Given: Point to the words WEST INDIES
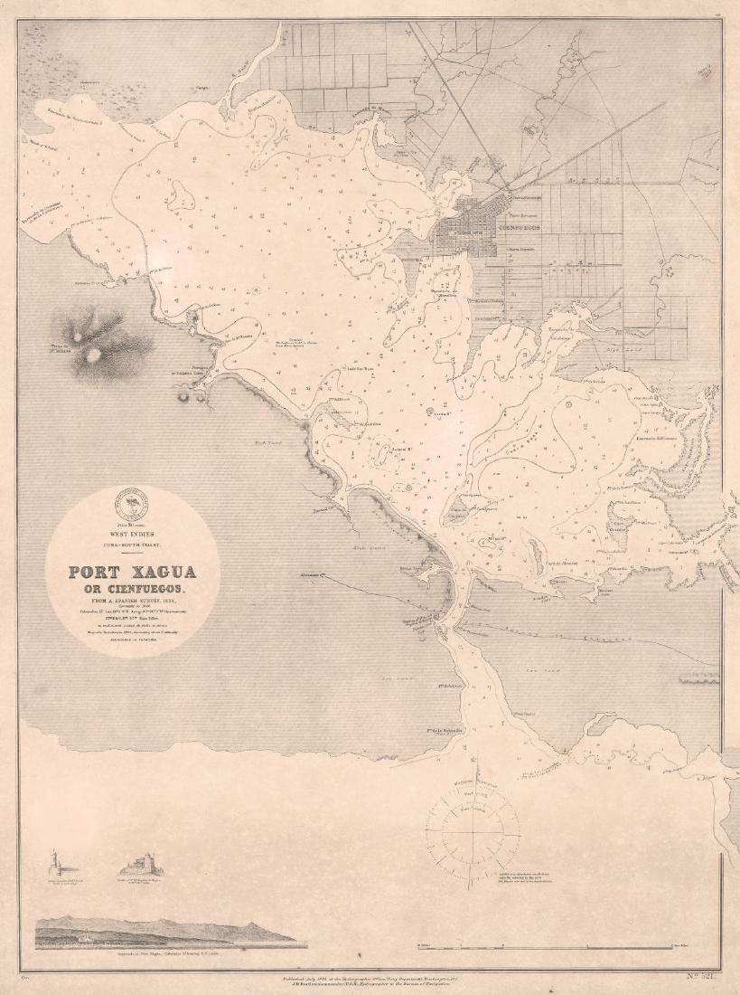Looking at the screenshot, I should pyautogui.click(x=133, y=535).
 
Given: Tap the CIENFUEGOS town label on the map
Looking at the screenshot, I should pyautogui.click(x=520, y=228).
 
